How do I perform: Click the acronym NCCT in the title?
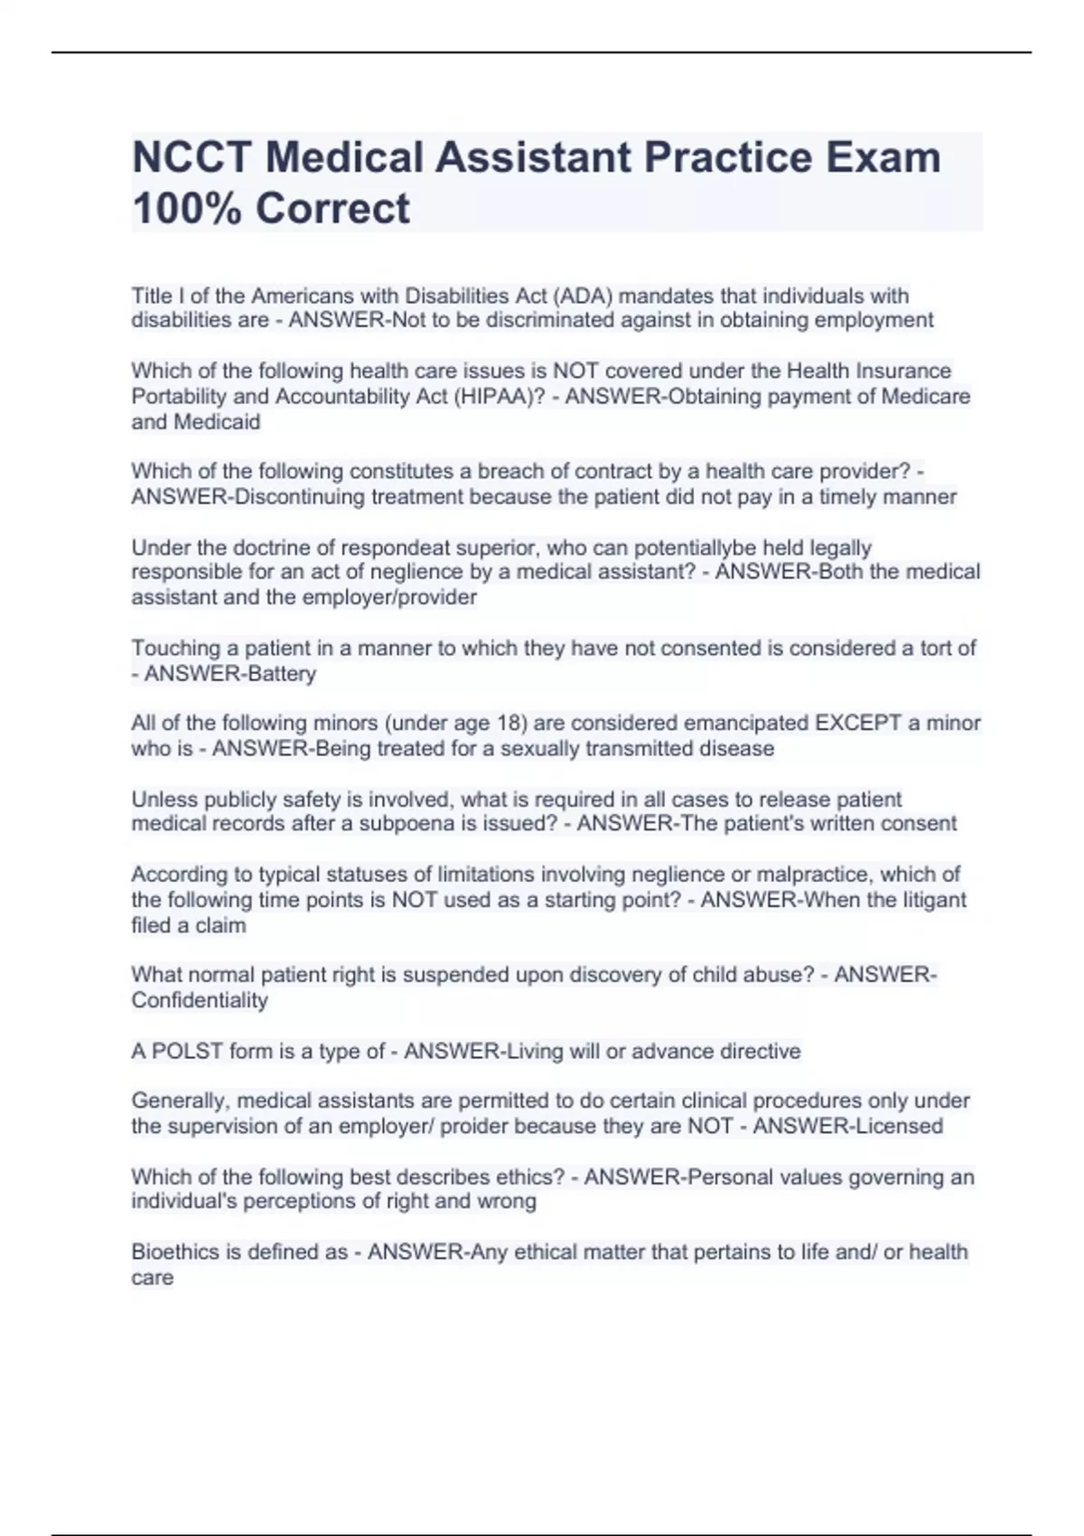pyautogui.click(x=191, y=157)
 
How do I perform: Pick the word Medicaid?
pyautogui.click(x=217, y=422)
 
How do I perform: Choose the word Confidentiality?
pyautogui.click(x=200, y=1000)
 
